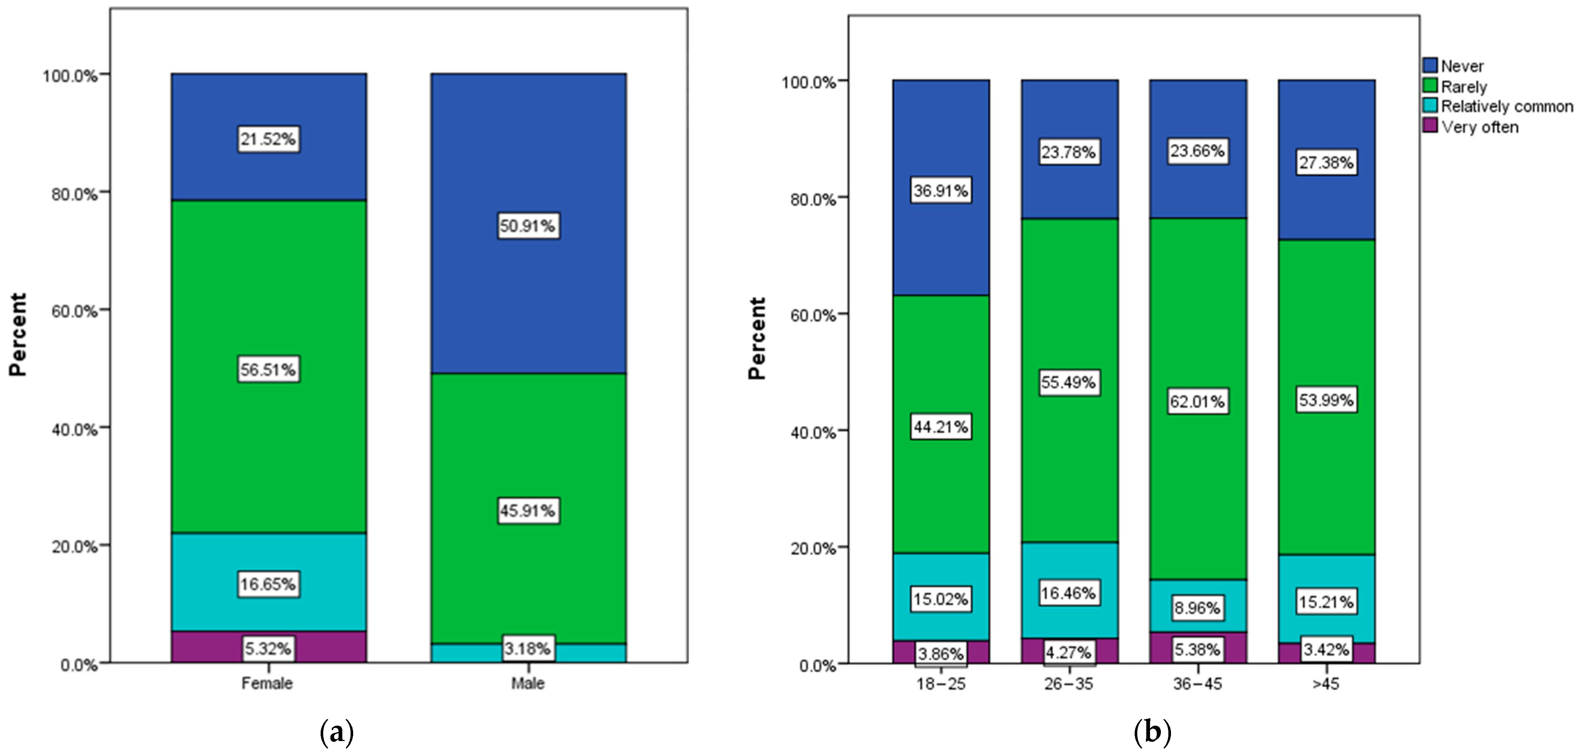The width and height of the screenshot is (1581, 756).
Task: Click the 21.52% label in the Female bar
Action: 268,139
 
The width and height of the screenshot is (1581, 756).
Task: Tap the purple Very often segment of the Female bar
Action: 202,647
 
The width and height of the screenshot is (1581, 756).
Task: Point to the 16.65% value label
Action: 268,584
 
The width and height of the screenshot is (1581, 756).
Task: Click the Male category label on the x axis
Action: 528,683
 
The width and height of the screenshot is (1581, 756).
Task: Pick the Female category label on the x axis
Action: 267,683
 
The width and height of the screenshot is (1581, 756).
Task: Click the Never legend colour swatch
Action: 1430,66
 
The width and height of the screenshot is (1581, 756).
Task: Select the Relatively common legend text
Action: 1507,106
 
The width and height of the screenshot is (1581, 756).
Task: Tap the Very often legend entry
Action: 1480,127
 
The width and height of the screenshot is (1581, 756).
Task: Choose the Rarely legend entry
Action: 1464,86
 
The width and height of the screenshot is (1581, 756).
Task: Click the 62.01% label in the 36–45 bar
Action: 1198,402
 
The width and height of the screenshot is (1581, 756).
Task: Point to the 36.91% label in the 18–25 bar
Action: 941,191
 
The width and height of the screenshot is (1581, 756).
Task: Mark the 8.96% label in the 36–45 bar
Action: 1198,608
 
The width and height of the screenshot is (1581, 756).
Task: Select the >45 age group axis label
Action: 1326,683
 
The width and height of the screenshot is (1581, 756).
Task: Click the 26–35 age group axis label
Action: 1068,683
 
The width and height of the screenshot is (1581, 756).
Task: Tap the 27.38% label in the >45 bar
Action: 1326,163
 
